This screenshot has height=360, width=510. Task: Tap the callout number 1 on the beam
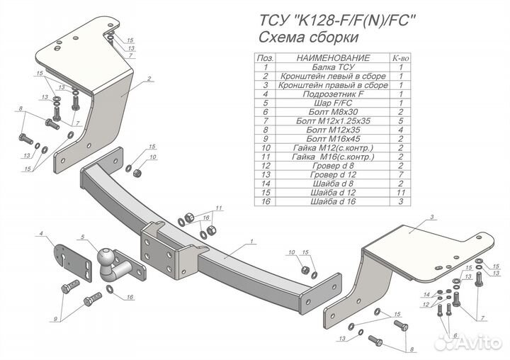[x=251, y=242]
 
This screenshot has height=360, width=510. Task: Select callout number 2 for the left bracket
[x=150, y=80]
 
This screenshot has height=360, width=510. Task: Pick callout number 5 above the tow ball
[x=83, y=236]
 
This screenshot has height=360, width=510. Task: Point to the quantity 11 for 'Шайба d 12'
[x=400, y=193]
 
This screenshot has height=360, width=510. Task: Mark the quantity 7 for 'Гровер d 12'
[x=400, y=174]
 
